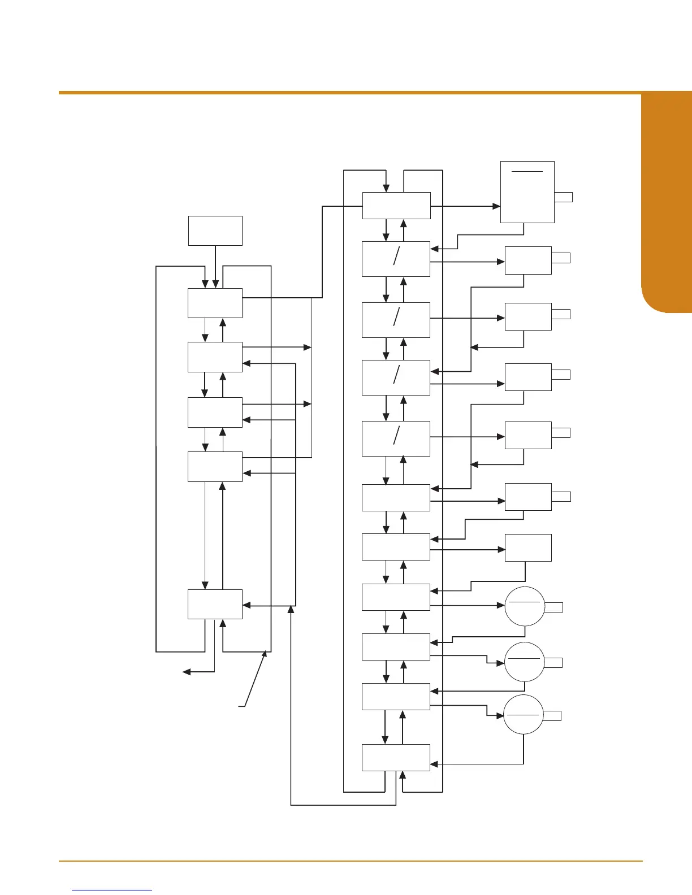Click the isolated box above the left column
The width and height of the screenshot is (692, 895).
(215, 231)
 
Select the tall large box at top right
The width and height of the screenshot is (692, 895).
(527, 192)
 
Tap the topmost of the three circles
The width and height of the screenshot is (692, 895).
(524, 606)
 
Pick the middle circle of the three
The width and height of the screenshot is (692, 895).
(524, 662)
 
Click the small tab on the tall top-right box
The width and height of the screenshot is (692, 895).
(563, 197)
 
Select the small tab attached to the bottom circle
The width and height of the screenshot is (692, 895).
(552, 716)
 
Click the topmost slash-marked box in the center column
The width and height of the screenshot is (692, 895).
(396, 259)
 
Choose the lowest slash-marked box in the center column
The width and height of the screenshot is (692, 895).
(396, 438)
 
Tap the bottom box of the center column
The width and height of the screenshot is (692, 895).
(396, 757)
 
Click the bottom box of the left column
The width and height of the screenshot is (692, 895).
(215, 604)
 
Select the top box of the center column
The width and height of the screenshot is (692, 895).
(396, 205)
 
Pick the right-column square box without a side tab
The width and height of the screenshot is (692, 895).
(527, 548)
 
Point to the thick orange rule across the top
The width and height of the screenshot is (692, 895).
(373, 92)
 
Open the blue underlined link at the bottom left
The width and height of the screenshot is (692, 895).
(113, 890)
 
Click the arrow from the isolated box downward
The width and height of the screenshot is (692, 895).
(215, 266)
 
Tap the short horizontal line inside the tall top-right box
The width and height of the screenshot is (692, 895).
(527, 171)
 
